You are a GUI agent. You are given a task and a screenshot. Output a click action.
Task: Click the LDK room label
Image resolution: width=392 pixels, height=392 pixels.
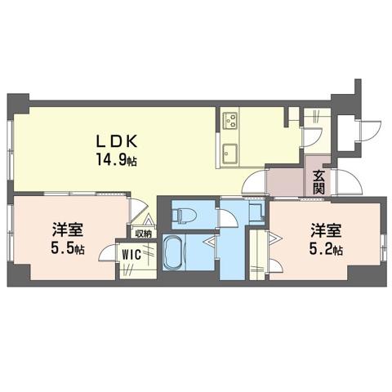click(116, 141)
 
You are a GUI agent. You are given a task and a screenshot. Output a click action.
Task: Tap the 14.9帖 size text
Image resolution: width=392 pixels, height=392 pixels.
click(116, 160)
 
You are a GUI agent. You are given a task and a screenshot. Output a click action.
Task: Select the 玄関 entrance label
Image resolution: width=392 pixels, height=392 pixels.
click(318, 182)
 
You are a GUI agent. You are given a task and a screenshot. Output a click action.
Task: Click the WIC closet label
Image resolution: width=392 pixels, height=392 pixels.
click(131, 255)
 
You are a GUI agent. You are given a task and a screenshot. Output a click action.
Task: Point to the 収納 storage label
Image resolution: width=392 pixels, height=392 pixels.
click(144, 234)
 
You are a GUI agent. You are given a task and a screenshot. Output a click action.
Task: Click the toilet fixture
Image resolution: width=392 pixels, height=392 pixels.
click(185, 215)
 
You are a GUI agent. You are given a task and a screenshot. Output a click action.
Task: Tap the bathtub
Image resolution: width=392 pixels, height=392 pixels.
click(174, 252)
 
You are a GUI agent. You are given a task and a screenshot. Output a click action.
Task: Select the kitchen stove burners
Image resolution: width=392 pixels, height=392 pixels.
click(230, 120)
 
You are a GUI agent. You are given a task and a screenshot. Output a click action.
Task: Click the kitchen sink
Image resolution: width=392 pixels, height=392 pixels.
click(229, 154)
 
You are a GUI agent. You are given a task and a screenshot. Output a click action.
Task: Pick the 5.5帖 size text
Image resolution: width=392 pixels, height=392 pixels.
click(68, 248)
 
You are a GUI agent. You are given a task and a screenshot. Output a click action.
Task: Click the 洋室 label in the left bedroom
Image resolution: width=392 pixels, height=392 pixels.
click(68, 230)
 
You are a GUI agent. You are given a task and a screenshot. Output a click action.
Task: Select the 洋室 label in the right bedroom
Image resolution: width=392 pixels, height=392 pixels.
click(326, 230)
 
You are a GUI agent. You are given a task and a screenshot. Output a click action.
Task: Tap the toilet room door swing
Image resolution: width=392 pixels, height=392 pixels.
click(228, 218)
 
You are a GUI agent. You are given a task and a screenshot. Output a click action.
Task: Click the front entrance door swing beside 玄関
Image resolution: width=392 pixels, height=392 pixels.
click(350, 181)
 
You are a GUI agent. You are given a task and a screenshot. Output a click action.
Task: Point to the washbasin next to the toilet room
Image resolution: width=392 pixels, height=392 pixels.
click(256, 212)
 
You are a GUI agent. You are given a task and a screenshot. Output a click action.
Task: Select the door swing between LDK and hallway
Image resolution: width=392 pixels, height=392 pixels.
click(255, 181)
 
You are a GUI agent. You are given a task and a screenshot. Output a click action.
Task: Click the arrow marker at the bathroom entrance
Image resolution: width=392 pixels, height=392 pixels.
click(212, 241)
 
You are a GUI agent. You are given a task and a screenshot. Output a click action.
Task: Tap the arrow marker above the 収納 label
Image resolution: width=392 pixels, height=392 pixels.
click(149, 220)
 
